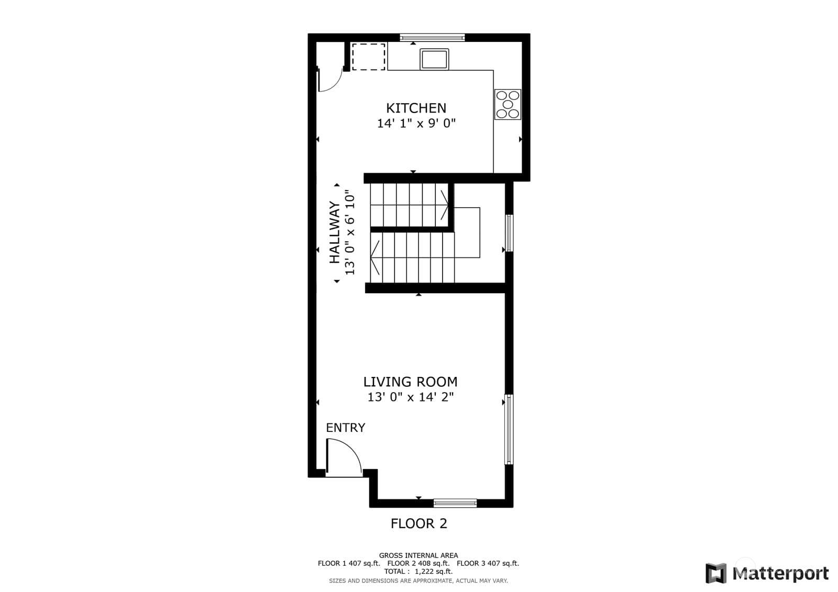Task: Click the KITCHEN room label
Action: pyautogui.click(x=416, y=108)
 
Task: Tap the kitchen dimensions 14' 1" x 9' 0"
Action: pyautogui.click(x=416, y=124)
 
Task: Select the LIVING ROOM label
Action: pyautogui.click(x=410, y=382)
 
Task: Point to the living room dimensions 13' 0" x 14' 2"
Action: pyautogui.click(x=410, y=397)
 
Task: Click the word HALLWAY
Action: pyautogui.click(x=334, y=233)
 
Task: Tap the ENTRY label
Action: pyautogui.click(x=345, y=428)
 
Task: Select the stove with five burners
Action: pyautogui.click(x=508, y=104)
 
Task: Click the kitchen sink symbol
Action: pyautogui.click(x=434, y=59)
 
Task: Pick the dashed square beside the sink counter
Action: pyautogui.click(x=368, y=57)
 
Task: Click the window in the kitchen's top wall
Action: pyautogui.click(x=432, y=37)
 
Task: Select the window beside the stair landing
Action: pyautogui.click(x=509, y=233)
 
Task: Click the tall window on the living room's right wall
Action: pyautogui.click(x=509, y=429)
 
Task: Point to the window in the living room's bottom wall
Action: pyautogui.click(x=455, y=503)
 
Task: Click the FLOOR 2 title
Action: pyautogui.click(x=418, y=523)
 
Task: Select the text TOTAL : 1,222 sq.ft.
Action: pyautogui.click(x=418, y=571)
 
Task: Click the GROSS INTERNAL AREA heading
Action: pyautogui.click(x=418, y=555)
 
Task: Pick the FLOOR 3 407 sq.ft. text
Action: pyautogui.click(x=488, y=563)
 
